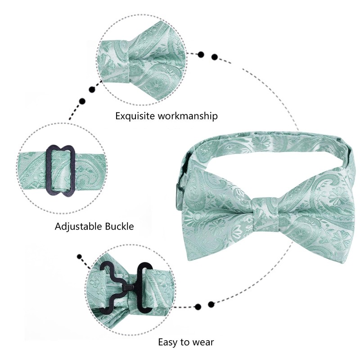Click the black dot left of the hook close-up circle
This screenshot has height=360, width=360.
point(81,257)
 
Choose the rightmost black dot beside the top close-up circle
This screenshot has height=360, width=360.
point(215,57)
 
